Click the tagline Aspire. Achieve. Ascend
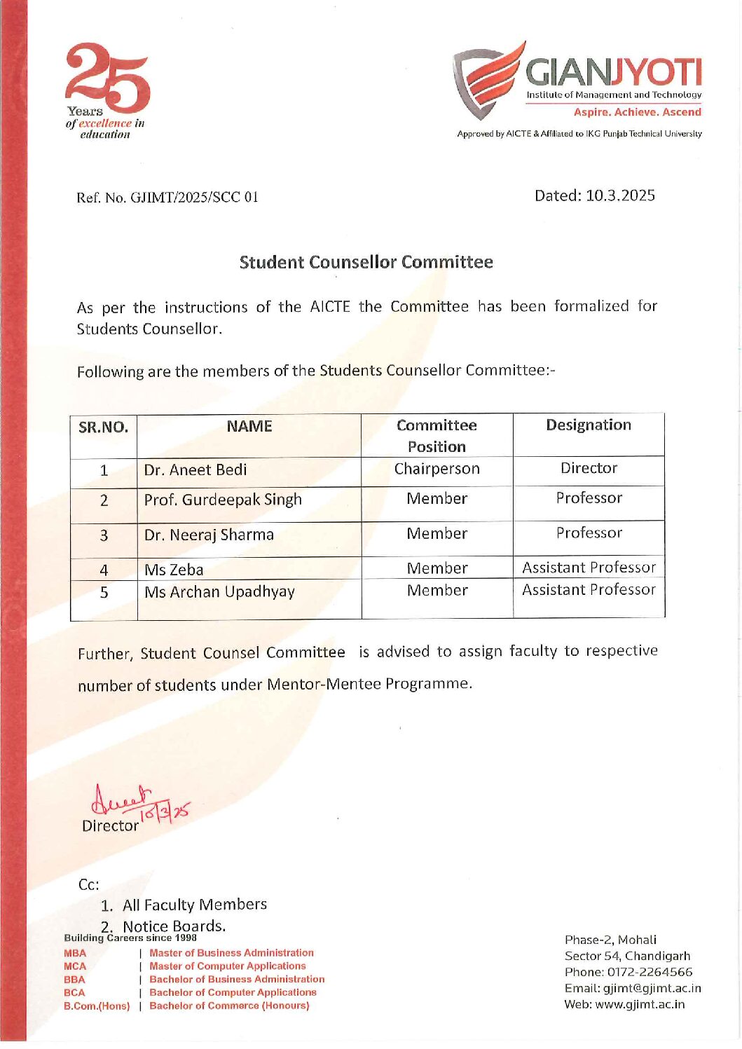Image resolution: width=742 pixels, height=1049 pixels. tap(637, 112)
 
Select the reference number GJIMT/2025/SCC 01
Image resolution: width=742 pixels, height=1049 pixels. tap(195, 198)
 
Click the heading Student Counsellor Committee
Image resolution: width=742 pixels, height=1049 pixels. tap(366, 262)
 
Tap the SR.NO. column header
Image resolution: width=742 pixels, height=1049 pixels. tap(104, 427)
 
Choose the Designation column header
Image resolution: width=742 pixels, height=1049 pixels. tap(589, 425)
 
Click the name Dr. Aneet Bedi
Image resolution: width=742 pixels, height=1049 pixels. tap(195, 470)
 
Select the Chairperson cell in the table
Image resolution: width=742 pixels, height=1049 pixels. tap(437, 469)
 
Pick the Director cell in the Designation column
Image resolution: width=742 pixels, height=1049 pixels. tap(589, 468)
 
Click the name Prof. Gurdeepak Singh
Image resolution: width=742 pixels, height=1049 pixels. tap(223, 500)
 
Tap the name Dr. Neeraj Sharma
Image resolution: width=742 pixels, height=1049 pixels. tap(209, 535)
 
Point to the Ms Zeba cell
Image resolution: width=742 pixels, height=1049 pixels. tap(174, 570)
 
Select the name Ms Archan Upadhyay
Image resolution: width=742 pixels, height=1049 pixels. tap(219, 592)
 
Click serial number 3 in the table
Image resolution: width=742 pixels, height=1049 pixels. tap(104, 536)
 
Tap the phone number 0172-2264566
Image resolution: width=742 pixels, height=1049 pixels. tap(650, 972)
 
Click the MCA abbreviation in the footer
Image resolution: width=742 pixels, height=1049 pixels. tap(75, 966)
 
